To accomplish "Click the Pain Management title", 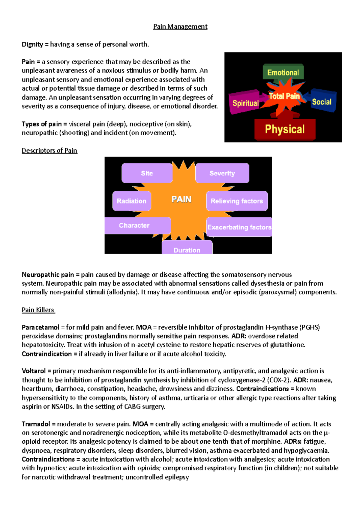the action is tap(180, 26).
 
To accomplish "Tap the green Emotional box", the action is tap(283, 72).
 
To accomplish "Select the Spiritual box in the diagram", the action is tap(245, 103).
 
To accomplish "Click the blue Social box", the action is tap(322, 102).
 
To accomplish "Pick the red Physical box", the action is tap(285, 129).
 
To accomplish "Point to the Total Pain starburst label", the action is tap(284, 96).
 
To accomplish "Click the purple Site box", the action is tap(147, 173).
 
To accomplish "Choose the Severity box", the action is tap(222, 173).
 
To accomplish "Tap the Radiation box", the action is tap(131, 201).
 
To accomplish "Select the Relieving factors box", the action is tap(237, 201).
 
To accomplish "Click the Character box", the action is tap(134, 225).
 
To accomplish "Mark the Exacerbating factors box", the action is tap(239, 227).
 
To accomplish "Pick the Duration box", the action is tap(187, 249).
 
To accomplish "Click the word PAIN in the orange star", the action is tap(181, 199).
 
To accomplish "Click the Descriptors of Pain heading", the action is tap(49, 150).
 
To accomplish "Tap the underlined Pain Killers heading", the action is tap(38, 310).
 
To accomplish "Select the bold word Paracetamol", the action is tap(40, 327).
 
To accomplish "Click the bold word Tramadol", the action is tap(36, 424).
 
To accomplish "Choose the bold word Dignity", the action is tap(33, 44).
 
